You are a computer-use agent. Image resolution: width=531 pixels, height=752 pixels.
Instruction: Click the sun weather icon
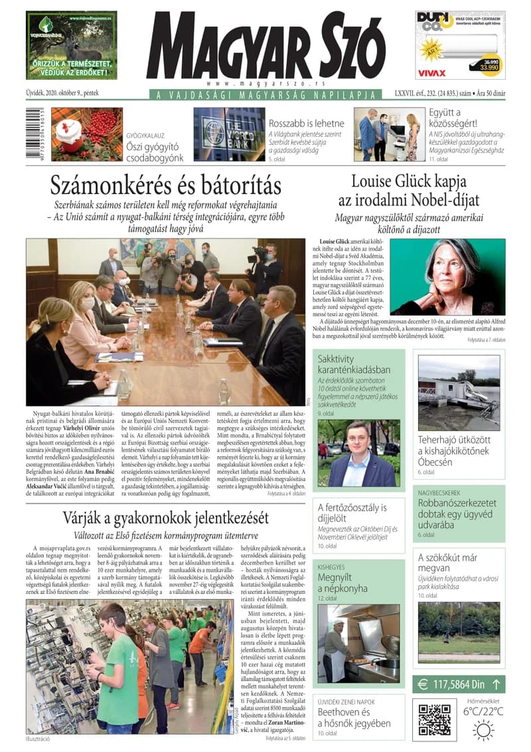point(483,730)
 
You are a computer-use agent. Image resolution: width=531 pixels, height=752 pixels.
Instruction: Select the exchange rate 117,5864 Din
point(457,684)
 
